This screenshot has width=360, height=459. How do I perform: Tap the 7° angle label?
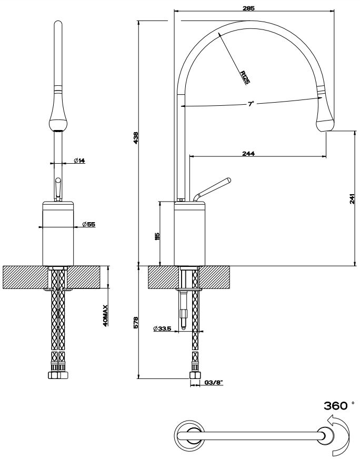[x=251, y=104]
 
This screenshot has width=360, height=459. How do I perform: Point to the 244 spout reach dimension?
[x=248, y=153]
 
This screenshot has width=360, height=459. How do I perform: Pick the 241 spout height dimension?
[x=352, y=198]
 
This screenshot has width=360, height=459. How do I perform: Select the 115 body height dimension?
[x=157, y=236]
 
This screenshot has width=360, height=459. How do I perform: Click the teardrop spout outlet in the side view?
[x=324, y=116]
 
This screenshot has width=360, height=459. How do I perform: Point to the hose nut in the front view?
[x=57, y=375]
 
